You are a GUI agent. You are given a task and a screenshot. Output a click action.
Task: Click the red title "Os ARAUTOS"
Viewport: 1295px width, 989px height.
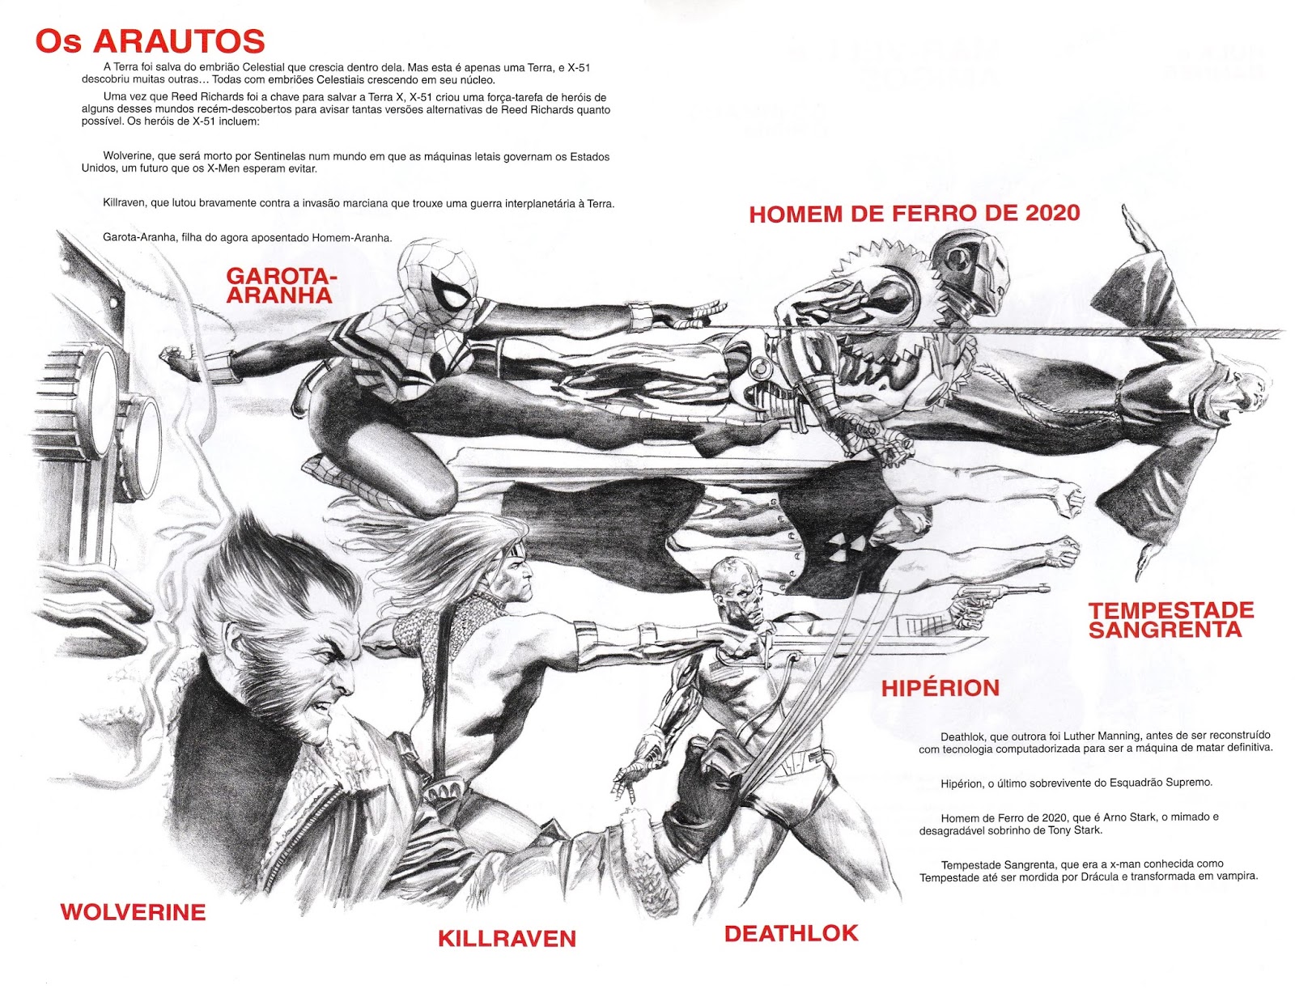click(151, 41)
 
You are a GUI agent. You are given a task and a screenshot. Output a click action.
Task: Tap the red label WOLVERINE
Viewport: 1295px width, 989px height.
click(133, 912)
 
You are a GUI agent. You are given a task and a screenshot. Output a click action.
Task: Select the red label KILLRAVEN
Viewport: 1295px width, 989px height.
click(507, 938)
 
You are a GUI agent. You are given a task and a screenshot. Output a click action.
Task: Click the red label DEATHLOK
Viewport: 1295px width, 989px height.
click(791, 933)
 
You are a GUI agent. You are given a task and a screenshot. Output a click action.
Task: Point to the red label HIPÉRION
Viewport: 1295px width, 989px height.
click(940, 688)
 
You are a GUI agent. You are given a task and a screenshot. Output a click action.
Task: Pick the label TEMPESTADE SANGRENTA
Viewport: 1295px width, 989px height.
click(1165, 620)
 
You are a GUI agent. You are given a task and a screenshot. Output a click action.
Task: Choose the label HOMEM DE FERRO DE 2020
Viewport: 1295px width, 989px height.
click(915, 214)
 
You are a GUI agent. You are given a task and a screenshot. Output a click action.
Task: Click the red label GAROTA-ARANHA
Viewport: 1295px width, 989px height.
click(280, 286)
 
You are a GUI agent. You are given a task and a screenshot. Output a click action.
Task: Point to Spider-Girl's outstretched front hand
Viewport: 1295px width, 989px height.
click(701, 311)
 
